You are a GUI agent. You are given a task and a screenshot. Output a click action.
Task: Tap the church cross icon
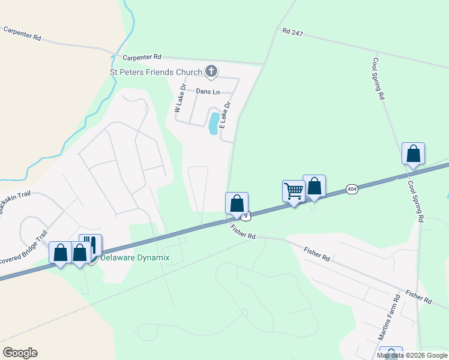pyautogui.click(x=211, y=72)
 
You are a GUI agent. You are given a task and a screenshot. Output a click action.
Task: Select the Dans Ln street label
pyautogui.click(x=208, y=91)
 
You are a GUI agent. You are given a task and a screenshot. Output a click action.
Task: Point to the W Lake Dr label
pyautogui.click(x=179, y=98)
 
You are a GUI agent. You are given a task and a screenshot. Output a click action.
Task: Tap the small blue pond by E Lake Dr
pyautogui.click(x=213, y=122)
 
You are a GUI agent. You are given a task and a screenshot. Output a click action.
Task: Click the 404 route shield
pyautogui.click(x=352, y=190)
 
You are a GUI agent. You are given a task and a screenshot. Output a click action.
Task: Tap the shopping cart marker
pyautogui.click(x=294, y=191)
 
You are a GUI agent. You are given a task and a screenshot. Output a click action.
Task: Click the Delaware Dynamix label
pyautogui.click(x=135, y=258)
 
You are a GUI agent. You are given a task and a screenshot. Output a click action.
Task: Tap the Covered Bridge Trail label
pyautogui.click(x=24, y=246)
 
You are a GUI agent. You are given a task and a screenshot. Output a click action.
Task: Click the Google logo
pyautogui.click(x=20, y=353)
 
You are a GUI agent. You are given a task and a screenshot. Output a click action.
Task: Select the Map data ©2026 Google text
pyautogui.click(x=411, y=355)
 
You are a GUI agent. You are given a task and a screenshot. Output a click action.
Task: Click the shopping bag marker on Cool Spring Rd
pyautogui.click(x=413, y=154)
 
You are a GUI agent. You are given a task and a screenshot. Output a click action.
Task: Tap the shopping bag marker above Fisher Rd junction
pyautogui.click(x=237, y=203)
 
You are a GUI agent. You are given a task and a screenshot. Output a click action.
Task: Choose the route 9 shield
pyautogui.click(x=246, y=215)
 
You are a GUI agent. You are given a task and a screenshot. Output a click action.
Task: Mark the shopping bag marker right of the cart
pyautogui.click(x=314, y=186)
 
